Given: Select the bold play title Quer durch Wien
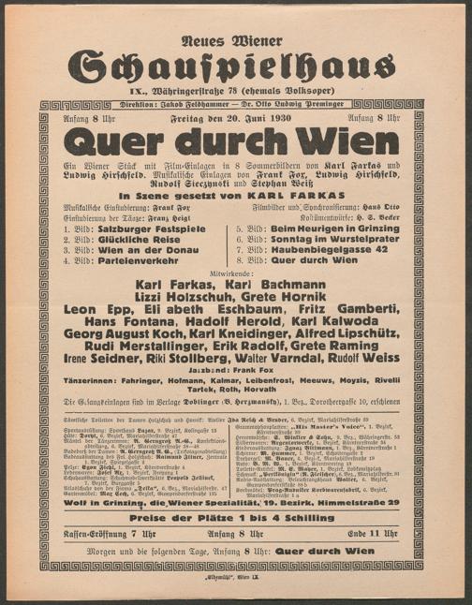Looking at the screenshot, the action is click(235, 141).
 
